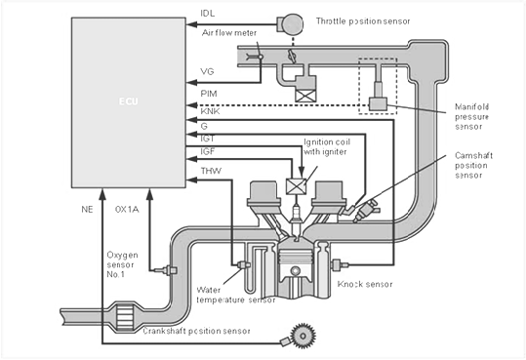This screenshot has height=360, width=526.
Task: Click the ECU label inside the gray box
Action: click(129, 101)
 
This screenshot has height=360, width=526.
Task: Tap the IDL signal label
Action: click(207, 14)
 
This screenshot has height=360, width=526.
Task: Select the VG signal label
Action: click(207, 71)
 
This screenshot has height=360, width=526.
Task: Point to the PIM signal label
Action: click(209, 94)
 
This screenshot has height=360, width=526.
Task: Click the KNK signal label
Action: click(210, 111)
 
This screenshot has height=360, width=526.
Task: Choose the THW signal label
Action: click(211, 171)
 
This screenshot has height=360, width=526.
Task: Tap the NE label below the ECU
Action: click(87, 210)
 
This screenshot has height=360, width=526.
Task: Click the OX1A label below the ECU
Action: click(127, 210)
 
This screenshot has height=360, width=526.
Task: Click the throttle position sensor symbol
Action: click(290, 23)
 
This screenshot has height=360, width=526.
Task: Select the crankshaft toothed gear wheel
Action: click(303, 336)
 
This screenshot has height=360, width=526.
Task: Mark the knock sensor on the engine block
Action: click(340, 265)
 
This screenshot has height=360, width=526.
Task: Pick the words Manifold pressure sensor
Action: click(471, 117)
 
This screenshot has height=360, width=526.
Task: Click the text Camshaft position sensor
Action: click(473, 166)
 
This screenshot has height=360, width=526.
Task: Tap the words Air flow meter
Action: click(229, 33)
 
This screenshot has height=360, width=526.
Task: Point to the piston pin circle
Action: click(296, 270)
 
